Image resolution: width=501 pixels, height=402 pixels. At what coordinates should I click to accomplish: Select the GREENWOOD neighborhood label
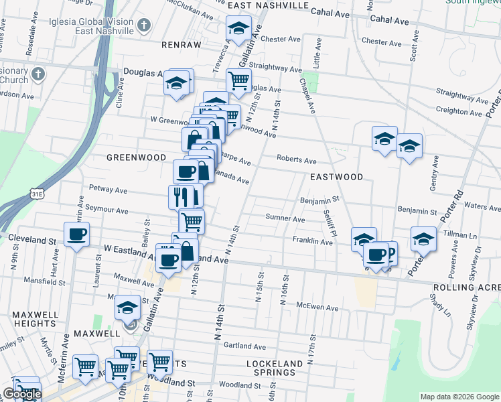tap(136, 157)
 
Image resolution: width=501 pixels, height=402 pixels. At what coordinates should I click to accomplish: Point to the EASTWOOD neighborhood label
tap(336, 177)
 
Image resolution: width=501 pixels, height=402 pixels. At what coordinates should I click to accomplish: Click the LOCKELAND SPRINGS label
tap(271, 367)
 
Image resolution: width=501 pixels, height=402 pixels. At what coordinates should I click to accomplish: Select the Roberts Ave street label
tap(297, 161)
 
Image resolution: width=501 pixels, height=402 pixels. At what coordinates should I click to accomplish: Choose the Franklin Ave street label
tap(312, 241)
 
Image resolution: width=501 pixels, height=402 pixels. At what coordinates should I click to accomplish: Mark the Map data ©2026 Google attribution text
tap(459, 397)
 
